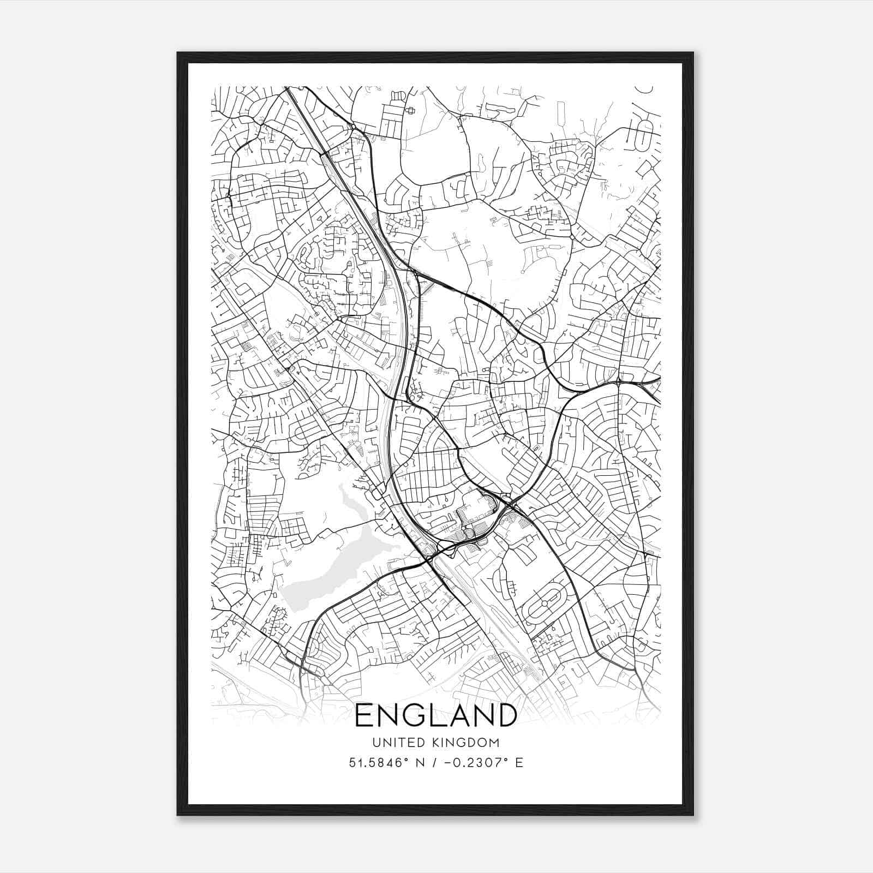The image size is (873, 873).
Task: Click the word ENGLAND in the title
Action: point(436,715)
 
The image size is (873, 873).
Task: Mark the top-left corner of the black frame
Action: point(178,53)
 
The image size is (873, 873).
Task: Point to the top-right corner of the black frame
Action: point(693,53)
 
